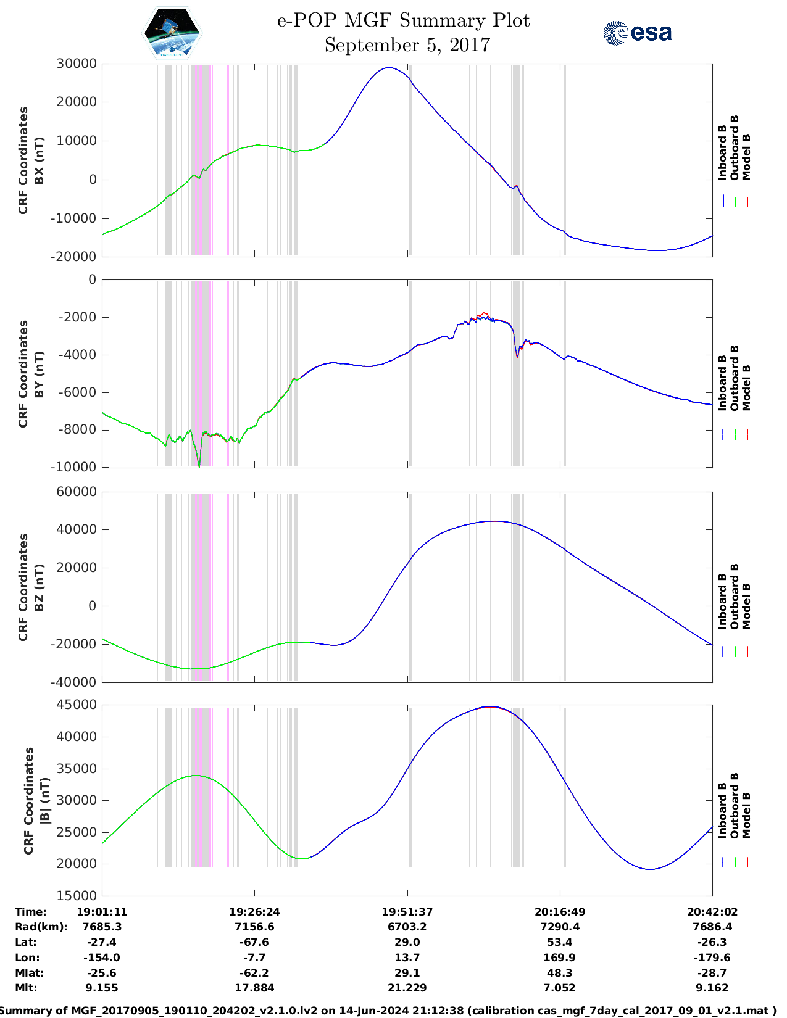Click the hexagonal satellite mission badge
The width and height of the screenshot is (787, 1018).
point(172,33)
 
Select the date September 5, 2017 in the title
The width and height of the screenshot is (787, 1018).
point(407,45)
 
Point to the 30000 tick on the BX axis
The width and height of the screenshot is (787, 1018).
point(77,64)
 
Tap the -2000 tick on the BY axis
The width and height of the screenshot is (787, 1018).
point(77,317)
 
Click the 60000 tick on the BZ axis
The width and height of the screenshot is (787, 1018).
point(77,492)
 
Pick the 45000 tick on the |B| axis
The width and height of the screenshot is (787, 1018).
point(77,705)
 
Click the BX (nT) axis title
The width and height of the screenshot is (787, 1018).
point(39,160)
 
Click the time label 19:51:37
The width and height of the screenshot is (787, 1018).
point(407,912)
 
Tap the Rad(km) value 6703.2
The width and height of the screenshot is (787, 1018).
point(407,927)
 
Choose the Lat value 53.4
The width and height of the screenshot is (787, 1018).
point(560,942)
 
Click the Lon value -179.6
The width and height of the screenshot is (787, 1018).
point(712,958)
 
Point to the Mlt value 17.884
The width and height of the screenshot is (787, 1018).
point(254,988)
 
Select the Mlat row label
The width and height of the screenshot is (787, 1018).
point(29,973)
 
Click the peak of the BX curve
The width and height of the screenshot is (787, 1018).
point(389,68)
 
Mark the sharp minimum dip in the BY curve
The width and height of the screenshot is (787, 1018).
point(199,466)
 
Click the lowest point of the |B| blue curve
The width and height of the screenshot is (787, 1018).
point(650,869)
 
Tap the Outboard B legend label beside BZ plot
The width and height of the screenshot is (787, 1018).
point(734,597)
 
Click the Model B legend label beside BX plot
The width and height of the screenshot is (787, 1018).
point(746,157)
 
